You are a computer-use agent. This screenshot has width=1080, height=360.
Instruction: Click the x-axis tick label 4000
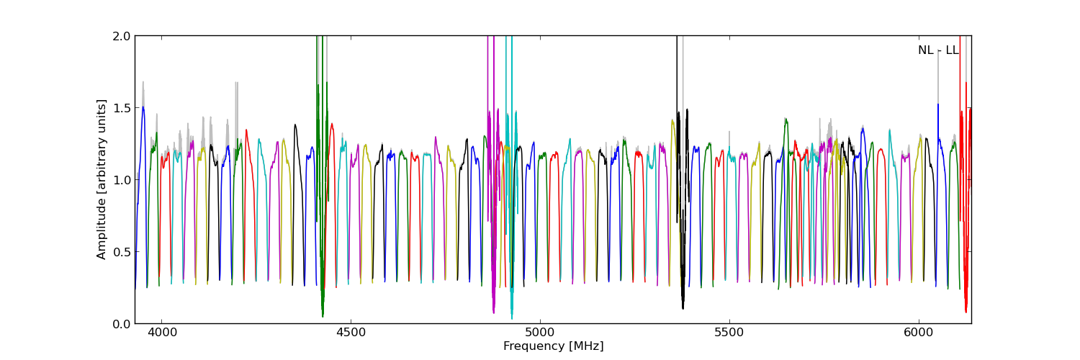pos(161,333)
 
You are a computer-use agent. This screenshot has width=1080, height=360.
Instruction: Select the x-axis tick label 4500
pos(351,333)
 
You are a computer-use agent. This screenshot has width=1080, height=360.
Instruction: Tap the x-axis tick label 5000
pos(540,333)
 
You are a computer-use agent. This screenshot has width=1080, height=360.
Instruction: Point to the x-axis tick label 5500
pos(729,333)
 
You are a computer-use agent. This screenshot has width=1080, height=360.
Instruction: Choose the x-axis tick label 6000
pos(919,333)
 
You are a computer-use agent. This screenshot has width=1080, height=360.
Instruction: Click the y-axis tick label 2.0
pos(122,36)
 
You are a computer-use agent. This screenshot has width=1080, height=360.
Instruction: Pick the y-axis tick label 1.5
pos(122,108)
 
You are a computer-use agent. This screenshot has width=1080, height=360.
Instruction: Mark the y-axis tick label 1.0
pos(122,180)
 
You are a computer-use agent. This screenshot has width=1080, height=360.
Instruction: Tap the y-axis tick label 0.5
pos(122,252)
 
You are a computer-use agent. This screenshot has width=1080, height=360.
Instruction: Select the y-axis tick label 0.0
pos(122,324)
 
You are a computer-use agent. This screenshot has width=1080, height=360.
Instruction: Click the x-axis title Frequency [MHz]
pos(553,346)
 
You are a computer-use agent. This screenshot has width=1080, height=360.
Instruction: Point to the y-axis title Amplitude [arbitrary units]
pos(102,179)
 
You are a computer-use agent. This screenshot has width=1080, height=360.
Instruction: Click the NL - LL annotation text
pos(938,50)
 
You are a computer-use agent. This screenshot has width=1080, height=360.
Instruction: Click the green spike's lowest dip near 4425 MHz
pos(323,316)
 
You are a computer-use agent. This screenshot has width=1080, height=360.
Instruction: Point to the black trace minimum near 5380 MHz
pos(683,308)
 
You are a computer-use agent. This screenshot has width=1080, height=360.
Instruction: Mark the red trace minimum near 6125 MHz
pos(966,312)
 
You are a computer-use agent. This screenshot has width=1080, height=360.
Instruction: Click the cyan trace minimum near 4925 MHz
pos(512,318)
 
